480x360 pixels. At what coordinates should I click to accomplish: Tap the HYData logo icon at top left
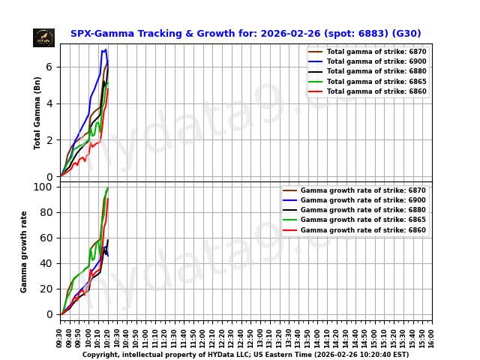point(43,37)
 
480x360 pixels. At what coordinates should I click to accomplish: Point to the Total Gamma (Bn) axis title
point(37,112)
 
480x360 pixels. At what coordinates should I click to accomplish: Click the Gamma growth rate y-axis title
point(24,251)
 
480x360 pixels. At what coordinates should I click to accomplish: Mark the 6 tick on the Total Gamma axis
point(50,67)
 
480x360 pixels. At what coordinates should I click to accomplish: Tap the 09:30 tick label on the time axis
point(60,337)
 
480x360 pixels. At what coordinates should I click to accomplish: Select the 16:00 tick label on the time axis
point(432,337)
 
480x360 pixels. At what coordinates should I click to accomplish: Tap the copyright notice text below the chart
point(245,355)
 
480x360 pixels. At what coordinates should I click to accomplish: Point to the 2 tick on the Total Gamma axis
point(50,140)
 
